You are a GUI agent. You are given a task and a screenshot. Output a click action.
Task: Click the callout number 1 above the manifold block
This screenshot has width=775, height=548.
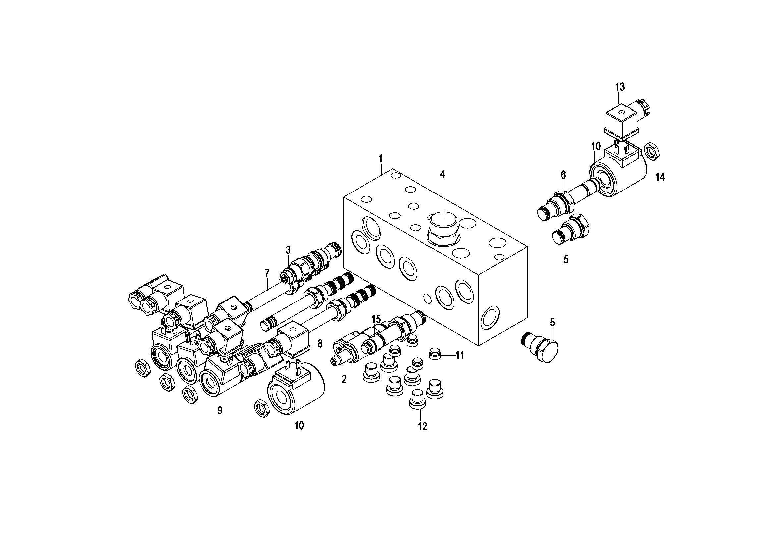tap(380, 158)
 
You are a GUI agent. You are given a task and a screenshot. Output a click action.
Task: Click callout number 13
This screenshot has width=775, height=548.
tap(620, 87)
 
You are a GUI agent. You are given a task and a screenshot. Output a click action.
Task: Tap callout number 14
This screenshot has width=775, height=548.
tap(660, 177)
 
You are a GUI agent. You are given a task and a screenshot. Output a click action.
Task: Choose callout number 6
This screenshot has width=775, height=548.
tap(563, 175)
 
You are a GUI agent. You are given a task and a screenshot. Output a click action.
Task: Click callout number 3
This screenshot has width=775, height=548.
tap(288, 250)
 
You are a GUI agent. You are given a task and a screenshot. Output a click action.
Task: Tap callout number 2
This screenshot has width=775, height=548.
tap(344, 379)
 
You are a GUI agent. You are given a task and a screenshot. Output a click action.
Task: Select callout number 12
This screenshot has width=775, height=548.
tap(422, 427)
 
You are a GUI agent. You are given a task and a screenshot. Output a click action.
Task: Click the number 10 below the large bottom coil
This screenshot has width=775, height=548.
tap(299, 426)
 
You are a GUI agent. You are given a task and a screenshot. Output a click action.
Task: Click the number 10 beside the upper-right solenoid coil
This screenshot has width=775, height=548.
tap(596, 146)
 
